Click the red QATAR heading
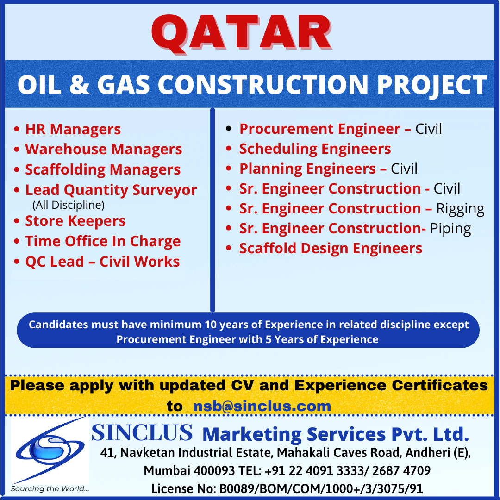[x=241, y=33]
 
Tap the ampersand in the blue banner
[x=79, y=85]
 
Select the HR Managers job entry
[x=73, y=130]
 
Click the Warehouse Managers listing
[x=104, y=149]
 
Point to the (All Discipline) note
[x=69, y=205]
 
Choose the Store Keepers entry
[x=75, y=221]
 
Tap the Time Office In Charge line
[x=103, y=241]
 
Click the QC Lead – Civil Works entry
[x=102, y=262]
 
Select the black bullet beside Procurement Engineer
[x=228, y=129]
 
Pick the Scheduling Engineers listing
[x=315, y=149]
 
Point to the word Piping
[x=450, y=229]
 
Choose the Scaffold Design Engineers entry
[x=331, y=249]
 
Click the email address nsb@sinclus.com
[x=262, y=406]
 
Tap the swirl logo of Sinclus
[x=50, y=450]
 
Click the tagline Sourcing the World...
[x=50, y=489]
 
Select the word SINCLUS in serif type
[x=142, y=433]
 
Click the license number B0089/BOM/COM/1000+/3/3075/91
[x=321, y=488]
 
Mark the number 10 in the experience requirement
[x=211, y=325]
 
